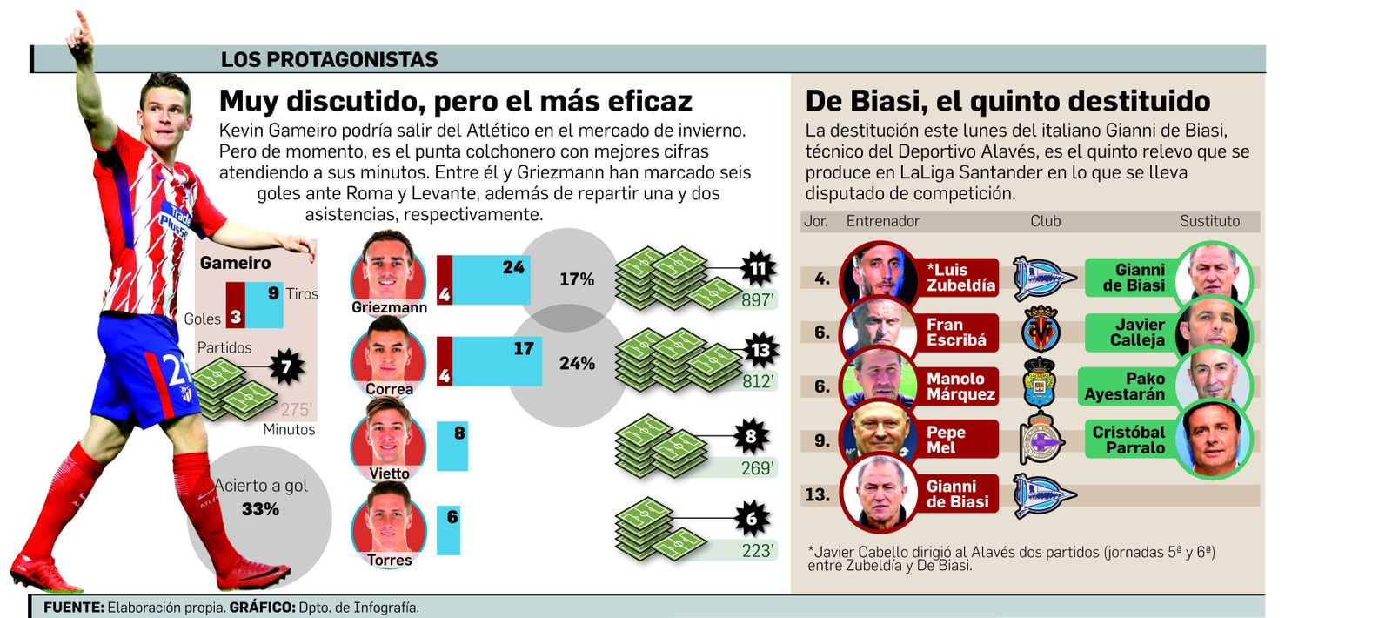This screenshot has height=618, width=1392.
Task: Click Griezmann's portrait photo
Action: click(x=388, y=265)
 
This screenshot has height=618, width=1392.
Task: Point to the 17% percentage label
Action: click(x=576, y=279)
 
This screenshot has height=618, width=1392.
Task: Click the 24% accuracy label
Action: click(x=577, y=363)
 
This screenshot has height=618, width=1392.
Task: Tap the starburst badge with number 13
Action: click(x=760, y=350)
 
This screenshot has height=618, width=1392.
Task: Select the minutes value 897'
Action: click(x=757, y=300)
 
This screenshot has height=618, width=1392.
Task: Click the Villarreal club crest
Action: click(x=1041, y=329)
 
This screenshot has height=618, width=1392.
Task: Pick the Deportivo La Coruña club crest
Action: click(x=1041, y=440)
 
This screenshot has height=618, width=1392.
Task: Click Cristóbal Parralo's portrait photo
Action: click(x=1214, y=439)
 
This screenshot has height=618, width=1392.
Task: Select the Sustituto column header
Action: click(x=1209, y=221)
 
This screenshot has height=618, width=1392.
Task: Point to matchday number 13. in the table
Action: click(x=817, y=494)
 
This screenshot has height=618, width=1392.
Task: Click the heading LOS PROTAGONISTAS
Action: click(x=329, y=59)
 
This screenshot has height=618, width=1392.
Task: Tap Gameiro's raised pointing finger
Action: click(x=81, y=19)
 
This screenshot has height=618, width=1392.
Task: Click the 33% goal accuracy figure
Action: click(x=260, y=509)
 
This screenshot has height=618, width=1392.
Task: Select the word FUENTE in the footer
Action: click(x=73, y=608)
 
